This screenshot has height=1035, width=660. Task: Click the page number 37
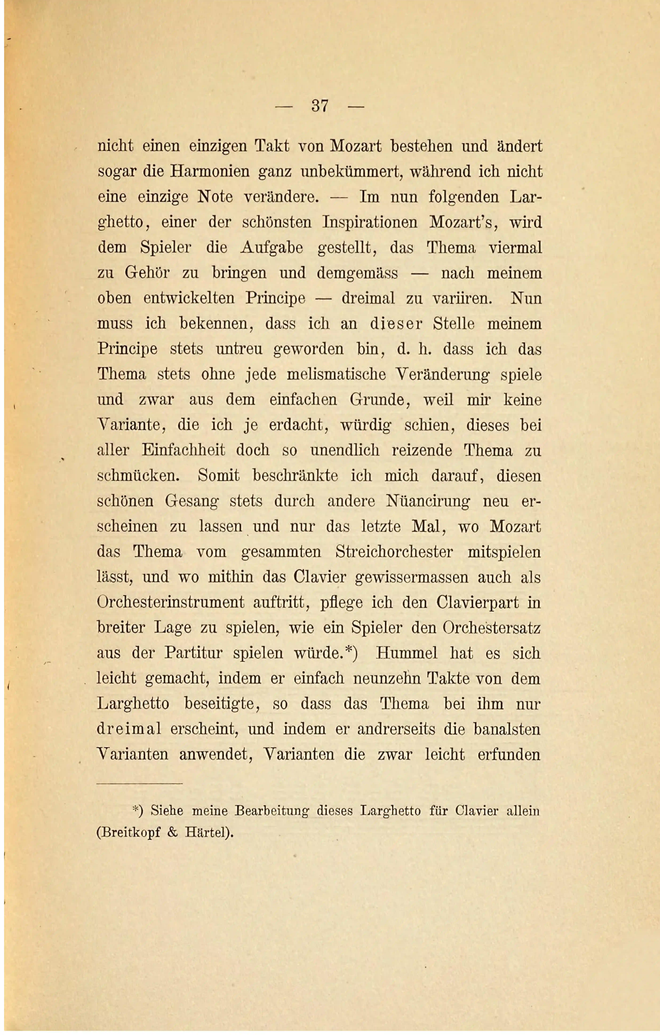[x=320, y=106]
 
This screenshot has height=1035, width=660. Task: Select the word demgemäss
[x=358, y=273]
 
